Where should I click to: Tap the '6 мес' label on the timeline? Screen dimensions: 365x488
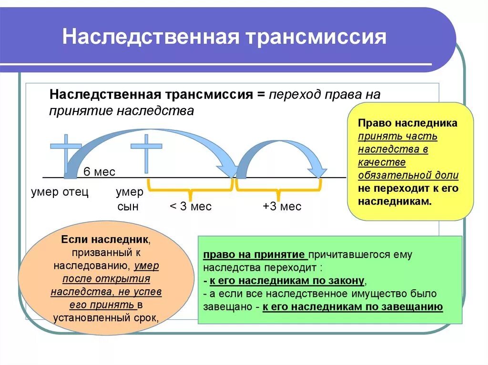100,172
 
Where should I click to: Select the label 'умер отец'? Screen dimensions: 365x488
60,192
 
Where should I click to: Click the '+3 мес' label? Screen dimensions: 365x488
282,207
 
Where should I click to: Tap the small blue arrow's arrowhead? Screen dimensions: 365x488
317,170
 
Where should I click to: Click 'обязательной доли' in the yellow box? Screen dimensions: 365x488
408,175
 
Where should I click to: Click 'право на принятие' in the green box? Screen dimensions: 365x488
254,254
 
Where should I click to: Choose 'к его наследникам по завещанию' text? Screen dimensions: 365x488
353,306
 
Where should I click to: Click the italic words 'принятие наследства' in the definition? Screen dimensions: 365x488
122,111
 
